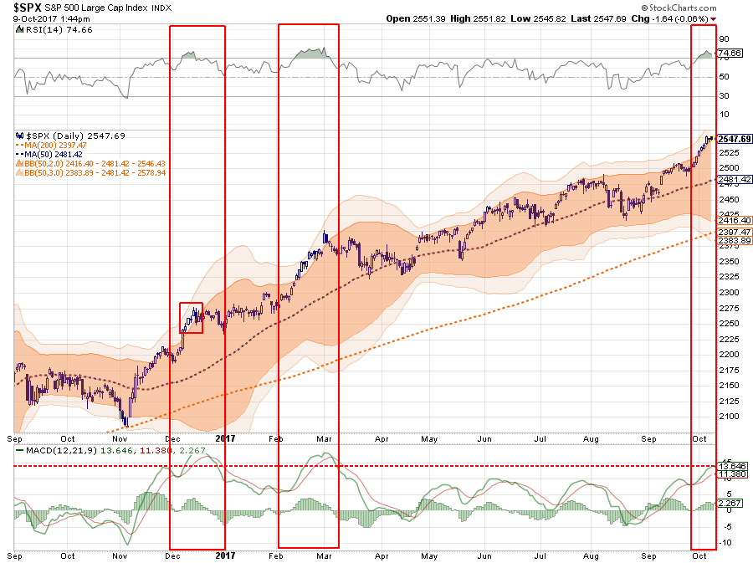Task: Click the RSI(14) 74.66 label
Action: coord(52,28)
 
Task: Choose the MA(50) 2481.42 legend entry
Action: coord(53,153)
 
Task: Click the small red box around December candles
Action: coord(191,318)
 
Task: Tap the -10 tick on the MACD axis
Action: coord(726,543)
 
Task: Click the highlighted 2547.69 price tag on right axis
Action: coord(734,139)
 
